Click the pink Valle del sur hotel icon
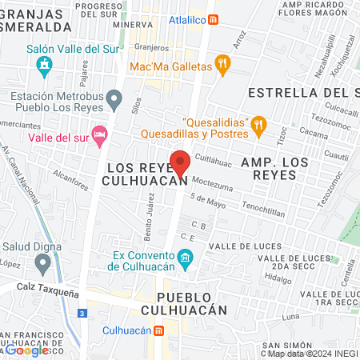pyautogui.click(x=99, y=134)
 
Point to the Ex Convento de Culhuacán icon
pyautogui.click(x=186, y=257)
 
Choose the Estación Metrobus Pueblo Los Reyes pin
pyautogui.click(x=114, y=101)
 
